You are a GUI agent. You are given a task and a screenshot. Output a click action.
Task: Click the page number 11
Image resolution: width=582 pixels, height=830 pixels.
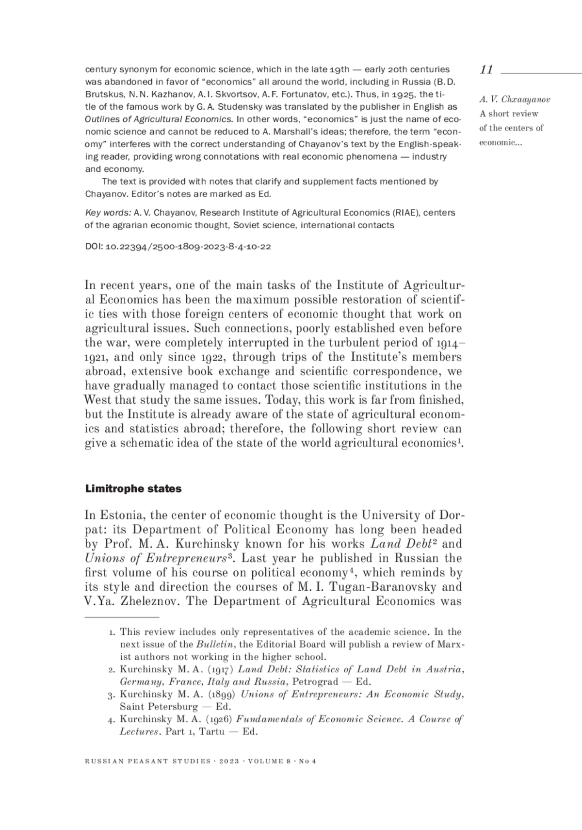[x=486, y=69]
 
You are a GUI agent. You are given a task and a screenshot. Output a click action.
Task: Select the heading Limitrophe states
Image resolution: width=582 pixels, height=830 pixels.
[x=133, y=489]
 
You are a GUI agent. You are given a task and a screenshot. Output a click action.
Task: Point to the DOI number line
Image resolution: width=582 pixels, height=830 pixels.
[x=178, y=247]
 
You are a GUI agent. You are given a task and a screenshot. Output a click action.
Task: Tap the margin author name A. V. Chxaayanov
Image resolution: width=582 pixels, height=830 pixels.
[x=515, y=100]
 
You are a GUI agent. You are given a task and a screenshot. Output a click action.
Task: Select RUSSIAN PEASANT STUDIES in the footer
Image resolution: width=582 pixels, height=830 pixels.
[x=148, y=762]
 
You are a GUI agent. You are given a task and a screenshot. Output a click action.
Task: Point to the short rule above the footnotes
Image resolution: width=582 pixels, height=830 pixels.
[x=122, y=617]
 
